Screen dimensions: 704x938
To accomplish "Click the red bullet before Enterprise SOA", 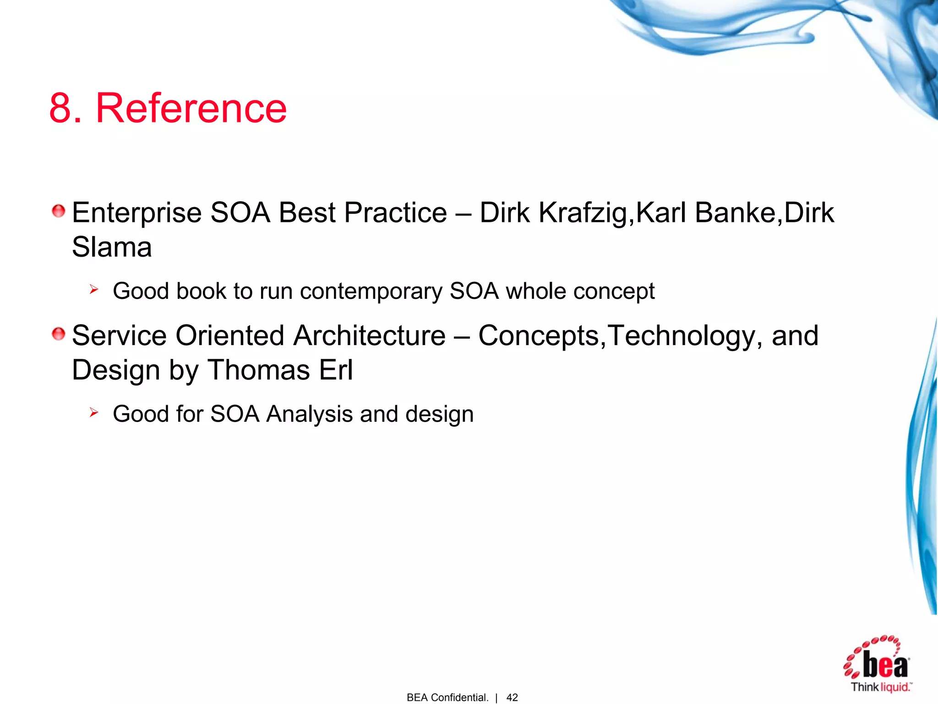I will click(59, 211).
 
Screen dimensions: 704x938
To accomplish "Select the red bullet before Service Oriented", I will click(59, 334).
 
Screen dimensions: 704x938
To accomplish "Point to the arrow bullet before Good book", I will click(94, 289).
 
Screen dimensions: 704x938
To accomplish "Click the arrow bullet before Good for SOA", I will click(94, 412).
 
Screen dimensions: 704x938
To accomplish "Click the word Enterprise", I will click(136, 213).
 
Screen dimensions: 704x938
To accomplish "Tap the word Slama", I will click(112, 247).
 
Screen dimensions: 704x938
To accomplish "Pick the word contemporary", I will click(371, 291).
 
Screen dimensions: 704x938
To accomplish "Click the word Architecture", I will click(369, 335).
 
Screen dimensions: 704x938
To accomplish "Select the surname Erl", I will click(336, 370).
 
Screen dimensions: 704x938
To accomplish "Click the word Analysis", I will click(310, 414).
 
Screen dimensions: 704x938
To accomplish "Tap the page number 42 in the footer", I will click(512, 698).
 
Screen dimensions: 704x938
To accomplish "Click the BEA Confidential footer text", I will click(447, 698).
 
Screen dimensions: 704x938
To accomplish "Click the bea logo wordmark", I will click(885, 665).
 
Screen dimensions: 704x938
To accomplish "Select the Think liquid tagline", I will click(881, 687).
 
